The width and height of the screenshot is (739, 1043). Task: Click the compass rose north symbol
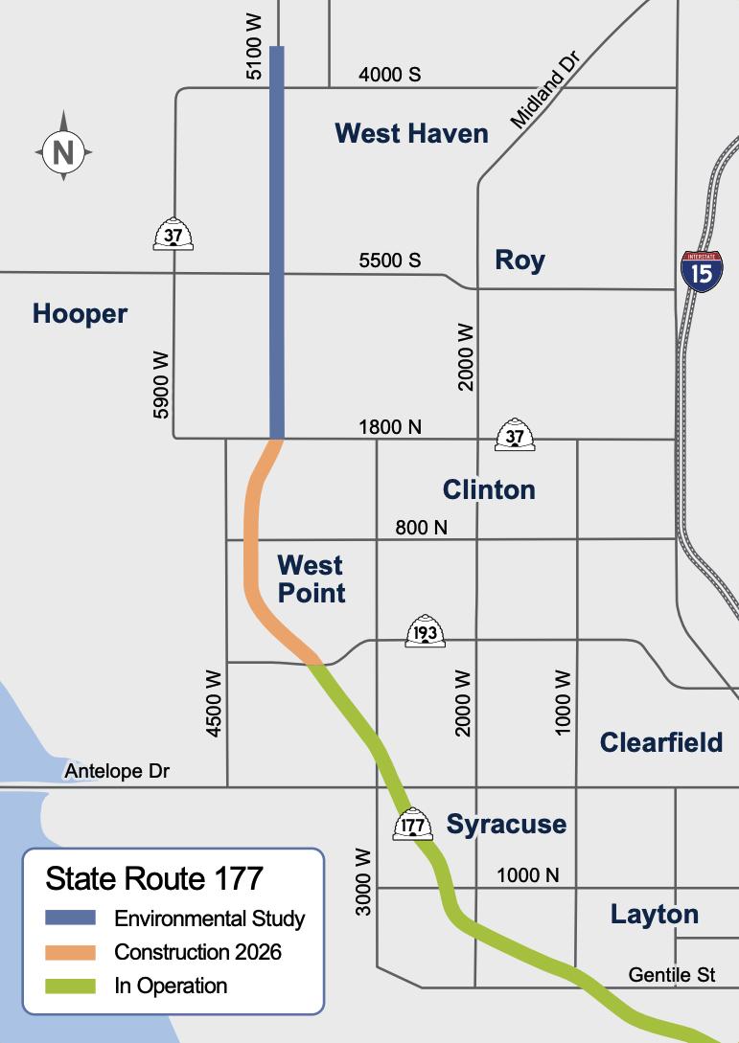(63, 150)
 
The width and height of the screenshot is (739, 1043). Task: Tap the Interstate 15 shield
(702, 271)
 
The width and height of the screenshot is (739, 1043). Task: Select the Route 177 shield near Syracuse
(413, 825)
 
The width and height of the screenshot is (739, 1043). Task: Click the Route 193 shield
(425, 632)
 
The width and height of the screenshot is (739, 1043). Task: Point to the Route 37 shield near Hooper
(173, 234)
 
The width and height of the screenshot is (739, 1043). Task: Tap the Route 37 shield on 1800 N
(515, 435)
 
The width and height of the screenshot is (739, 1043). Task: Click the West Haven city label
(411, 133)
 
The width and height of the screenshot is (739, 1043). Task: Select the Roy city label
(520, 260)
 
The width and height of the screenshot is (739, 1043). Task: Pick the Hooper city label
(80, 313)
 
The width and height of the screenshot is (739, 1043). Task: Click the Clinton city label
(489, 490)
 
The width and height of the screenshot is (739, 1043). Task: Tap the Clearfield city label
(661, 742)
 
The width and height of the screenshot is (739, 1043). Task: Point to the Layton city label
(655, 914)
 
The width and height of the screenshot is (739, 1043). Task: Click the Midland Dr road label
(545, 91)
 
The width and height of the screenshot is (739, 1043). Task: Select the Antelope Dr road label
(117, 771)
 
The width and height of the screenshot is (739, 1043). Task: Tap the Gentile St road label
(672, 975)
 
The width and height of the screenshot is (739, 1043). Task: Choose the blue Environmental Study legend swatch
(71, 918)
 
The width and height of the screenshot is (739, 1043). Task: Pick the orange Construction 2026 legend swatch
(71, 952)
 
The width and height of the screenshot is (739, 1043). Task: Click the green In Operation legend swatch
(71, 986)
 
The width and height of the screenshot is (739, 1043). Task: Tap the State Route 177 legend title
(154, 878)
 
